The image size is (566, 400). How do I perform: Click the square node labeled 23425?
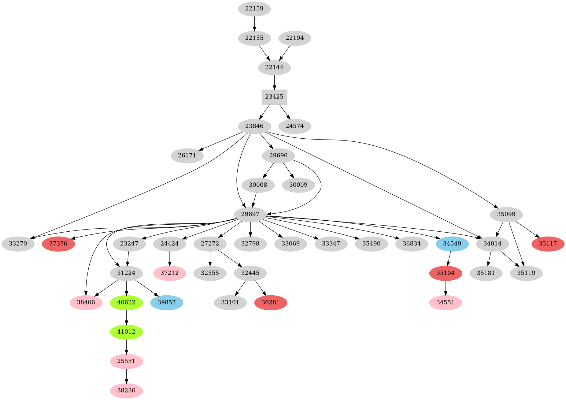[x=274, y=97]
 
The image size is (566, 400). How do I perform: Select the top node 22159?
[x=254, y=9]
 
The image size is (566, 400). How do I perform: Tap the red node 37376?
[x=58, y=244]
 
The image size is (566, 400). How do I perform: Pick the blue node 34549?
[x=452, y=244]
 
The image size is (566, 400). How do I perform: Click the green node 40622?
[x=126, y=303]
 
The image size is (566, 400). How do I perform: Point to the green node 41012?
[x=126, y=332]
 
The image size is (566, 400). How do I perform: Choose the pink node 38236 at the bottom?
[x=126, y=391]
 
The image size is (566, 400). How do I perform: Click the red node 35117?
[x=548, y=244]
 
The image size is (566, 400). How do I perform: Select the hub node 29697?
[x=250, y=215]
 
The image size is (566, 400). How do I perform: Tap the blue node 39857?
[x=167, y=303]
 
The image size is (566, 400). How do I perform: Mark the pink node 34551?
[x=446, y=303]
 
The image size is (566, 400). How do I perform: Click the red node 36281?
[x=271, y=303]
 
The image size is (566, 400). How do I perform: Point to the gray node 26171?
[x=187, y=155]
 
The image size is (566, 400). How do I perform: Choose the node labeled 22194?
[x=294, y=38]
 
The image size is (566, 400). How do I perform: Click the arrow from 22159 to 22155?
[x=254, y=23]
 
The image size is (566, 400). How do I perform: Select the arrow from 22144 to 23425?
[x=274, y=82]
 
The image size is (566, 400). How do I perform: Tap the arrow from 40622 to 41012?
[x=126, y=317]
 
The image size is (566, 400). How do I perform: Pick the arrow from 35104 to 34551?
[x=446, y=288]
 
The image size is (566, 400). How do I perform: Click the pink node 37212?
[x=169, y=273]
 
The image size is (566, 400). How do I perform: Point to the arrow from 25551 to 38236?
[x=126, y=376]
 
